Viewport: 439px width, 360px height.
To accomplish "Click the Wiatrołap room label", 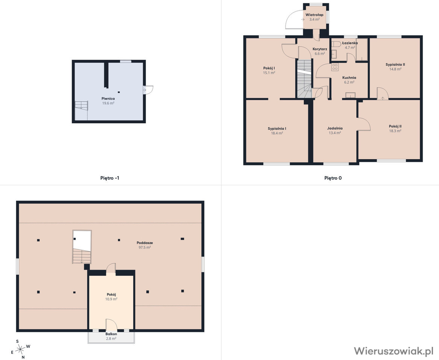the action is coord(314,15).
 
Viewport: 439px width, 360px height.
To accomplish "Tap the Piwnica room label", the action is coord(108,98).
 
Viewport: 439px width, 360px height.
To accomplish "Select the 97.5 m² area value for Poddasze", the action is coord(145,248).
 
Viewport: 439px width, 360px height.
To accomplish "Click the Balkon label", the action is coord(111,334).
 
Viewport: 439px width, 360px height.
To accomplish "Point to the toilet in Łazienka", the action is coord(336,44).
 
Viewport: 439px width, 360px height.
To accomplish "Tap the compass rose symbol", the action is coord(20,349).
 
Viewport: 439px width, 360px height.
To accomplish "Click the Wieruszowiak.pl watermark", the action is coord(393,351).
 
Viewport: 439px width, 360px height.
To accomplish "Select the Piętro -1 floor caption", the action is coord(110,178).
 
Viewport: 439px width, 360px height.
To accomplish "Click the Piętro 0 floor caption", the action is coord(333,178).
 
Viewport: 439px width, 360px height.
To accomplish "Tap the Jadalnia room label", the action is coord(335,129).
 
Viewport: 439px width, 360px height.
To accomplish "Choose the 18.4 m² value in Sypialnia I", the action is coord(277,133).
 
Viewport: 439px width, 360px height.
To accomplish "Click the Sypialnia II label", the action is coord(395,65).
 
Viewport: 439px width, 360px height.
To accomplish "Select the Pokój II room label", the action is coord(395,126).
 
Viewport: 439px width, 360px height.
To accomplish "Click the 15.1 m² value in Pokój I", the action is coord(269,73).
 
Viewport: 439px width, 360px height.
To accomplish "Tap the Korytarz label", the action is coord(320,49).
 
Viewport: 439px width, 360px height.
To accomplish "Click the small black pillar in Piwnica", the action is coord(119,92).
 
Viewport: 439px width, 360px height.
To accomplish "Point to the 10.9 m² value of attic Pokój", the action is coord(111,299).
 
